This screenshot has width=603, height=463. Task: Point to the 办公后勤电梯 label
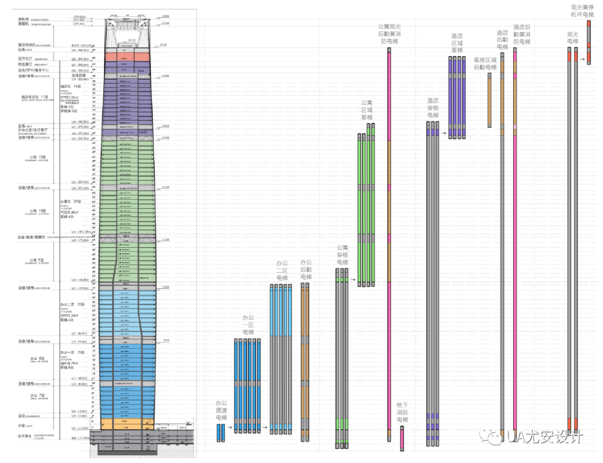coord(306,269)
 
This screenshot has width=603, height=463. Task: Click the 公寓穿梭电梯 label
coord(342,254)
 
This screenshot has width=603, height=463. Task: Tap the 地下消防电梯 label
coord(402,412)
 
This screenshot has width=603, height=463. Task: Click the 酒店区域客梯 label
coord(457,43)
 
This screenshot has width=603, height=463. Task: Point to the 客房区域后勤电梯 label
coord(485,64)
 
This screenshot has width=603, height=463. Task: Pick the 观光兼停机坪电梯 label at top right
coord(582,11)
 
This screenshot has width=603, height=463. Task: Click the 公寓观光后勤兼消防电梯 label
coord(389,33)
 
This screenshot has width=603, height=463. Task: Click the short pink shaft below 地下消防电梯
coord(402,438)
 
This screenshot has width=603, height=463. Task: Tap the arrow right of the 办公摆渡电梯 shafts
coord(229,429)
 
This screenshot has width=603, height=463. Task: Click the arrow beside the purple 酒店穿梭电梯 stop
coord(444,133)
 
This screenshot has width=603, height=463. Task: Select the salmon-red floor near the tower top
coord(127,56)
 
